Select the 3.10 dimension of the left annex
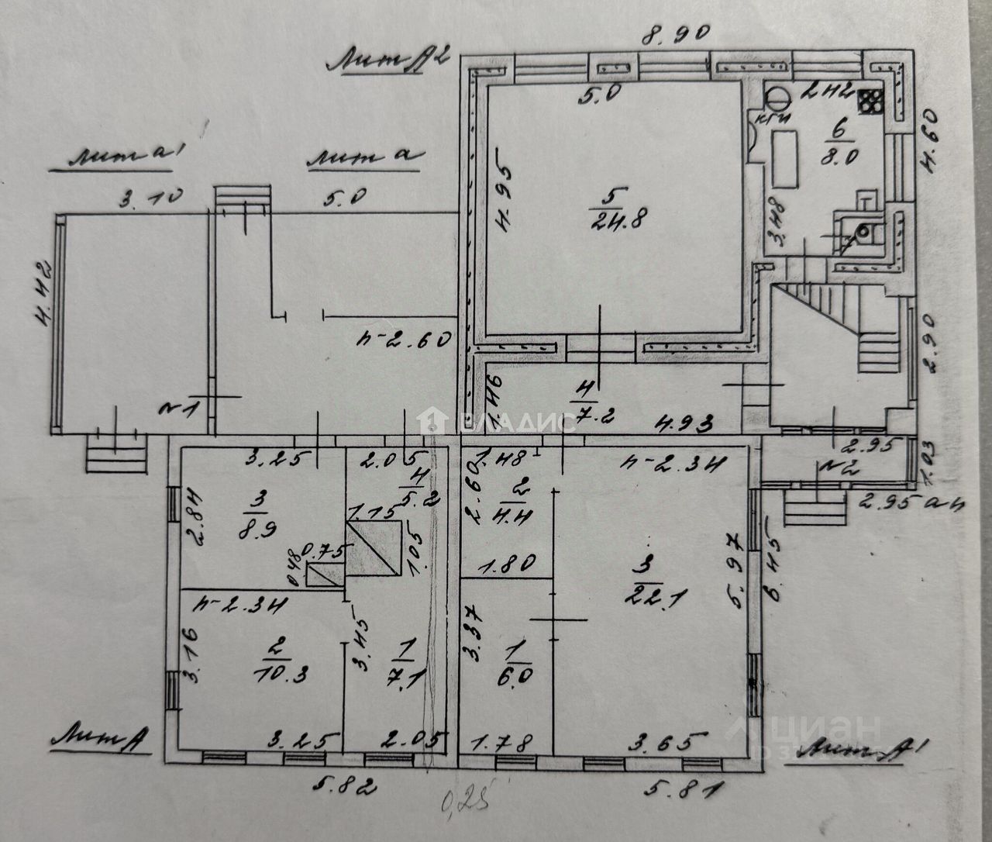150,200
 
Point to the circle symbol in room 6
777,96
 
